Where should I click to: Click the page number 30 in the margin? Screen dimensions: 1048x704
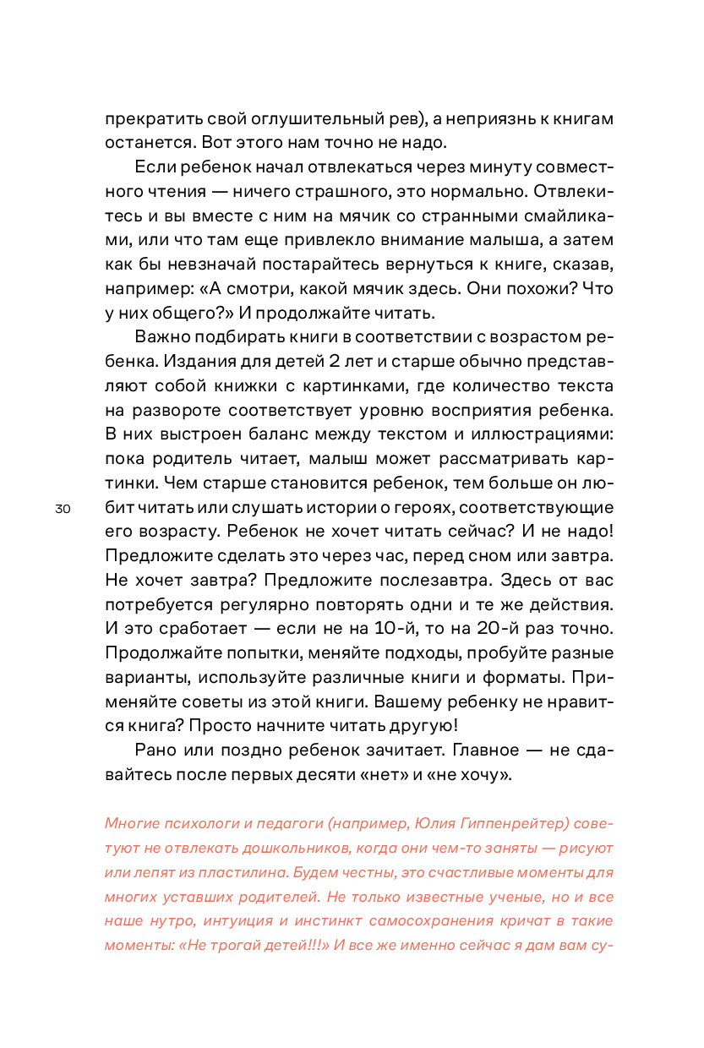tap(63, 510)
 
